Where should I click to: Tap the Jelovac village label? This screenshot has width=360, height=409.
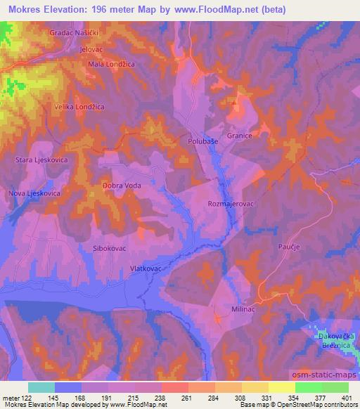(x=92, y=50)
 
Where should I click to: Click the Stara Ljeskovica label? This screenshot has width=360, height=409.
(x=41, y=160)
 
